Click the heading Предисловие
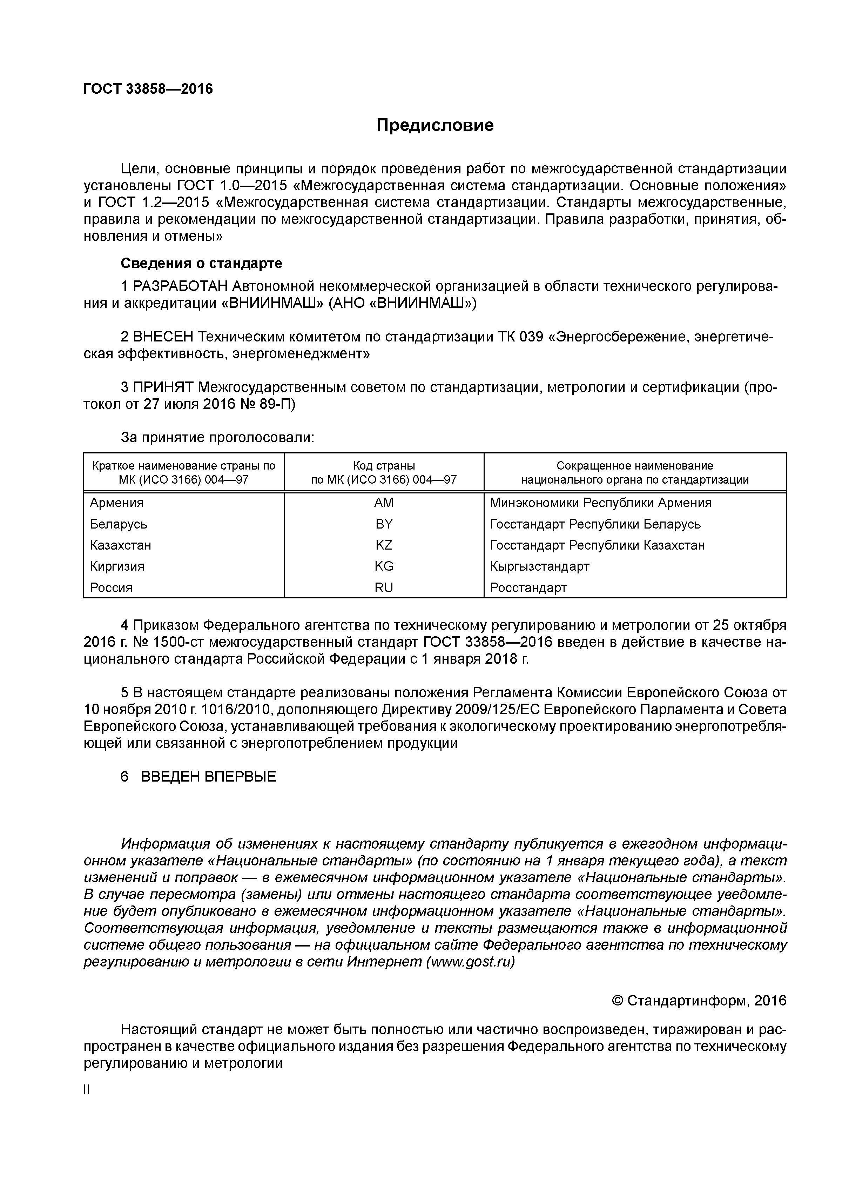(x=435, y=126)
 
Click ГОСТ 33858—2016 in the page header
(x=148, y=89)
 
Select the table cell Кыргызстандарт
(x=539, y=566)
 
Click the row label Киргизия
(x=117, y=566)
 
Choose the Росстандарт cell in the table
(x=528, y=587)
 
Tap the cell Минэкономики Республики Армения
(x=600, y=503)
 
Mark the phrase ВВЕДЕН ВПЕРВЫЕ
(x=208, y=777)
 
